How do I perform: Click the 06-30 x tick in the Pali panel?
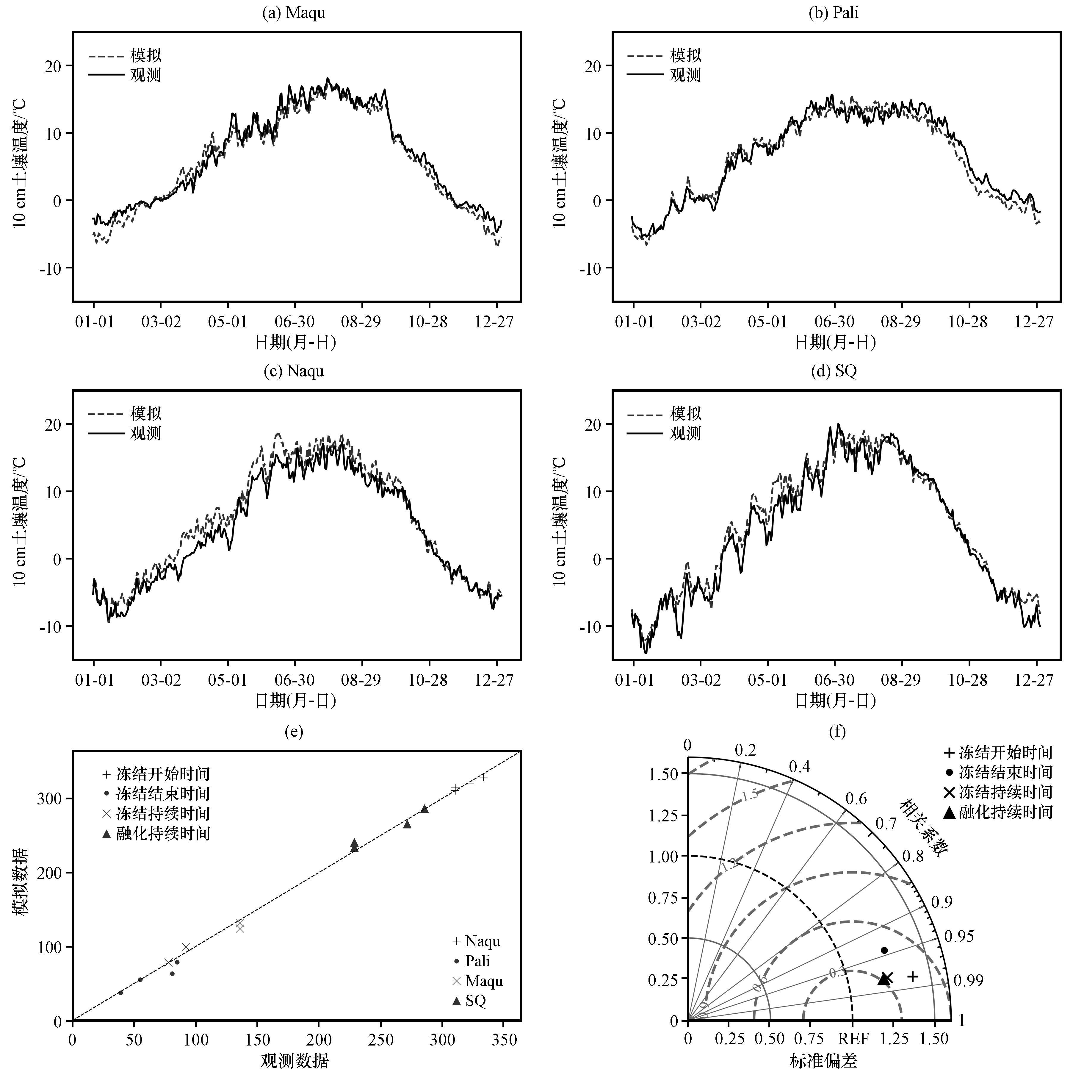click(x=834, y=322)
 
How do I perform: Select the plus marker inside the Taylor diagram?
click(x=912, y=976)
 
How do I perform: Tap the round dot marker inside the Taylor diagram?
click(x=884, y=950)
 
